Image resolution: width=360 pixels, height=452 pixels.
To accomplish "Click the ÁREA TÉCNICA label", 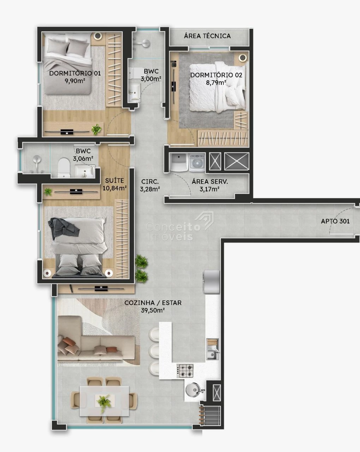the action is (207, 36).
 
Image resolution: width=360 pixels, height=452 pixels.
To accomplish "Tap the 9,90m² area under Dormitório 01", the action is (75, 81).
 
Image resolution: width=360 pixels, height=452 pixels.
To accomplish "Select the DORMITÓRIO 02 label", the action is (216, 75).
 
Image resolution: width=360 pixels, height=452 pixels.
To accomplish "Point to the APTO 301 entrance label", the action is (335, 221).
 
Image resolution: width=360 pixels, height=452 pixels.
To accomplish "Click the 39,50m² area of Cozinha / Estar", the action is (152, 310).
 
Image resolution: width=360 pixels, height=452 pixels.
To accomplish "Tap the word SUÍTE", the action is (114, 180).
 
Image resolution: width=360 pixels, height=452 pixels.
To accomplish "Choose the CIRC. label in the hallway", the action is (150, 182).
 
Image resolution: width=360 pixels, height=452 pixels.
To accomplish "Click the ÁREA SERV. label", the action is (210, 182).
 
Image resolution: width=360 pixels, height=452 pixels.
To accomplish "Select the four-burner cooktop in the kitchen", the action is (185, 371).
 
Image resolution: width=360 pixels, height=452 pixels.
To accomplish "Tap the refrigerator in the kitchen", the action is (211, 282).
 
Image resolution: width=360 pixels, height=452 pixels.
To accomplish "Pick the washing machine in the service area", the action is (197, 162).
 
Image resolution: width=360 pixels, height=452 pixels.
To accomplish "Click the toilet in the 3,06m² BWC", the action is (64, 167).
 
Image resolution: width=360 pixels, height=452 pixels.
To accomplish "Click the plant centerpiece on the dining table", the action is (104, 403).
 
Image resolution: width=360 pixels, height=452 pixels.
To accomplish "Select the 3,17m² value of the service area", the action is (210, 189).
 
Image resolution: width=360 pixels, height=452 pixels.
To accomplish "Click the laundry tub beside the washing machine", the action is (179, 162).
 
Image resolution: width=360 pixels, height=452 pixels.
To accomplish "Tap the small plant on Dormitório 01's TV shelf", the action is (96, 129).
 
